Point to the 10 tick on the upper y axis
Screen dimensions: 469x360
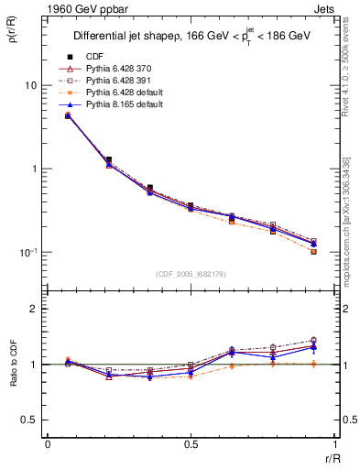tap(30, 85)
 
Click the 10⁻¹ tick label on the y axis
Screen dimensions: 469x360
tap(27, 252)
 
